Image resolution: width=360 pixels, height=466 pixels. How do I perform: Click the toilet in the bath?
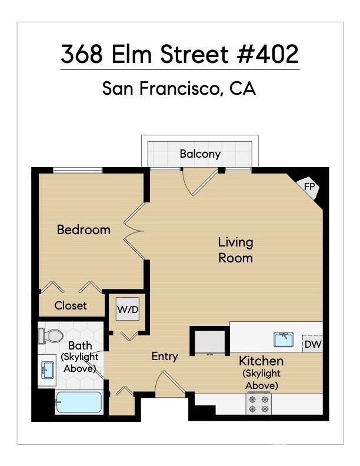pyautogui.click(x=51, y=335)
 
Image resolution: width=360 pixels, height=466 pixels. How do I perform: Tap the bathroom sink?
pyautogui.click(x=48, y=370)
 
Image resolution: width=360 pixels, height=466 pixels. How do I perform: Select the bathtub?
pyautogui.click(x=79, y=402)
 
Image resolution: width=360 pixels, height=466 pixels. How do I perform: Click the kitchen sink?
pyautogui.click(x=284, y=339)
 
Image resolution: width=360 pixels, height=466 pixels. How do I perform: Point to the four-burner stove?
pyautogui.click(x=258, y=404)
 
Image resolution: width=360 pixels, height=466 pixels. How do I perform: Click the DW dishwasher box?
pyautogui.click(x=312, y=344)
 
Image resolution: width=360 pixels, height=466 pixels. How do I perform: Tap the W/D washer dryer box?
pyautogui.click(x=128, y=309)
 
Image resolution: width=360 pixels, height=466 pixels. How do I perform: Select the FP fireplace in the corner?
pyautogui.click(x=309, y=187)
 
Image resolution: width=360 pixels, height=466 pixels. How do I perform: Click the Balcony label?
pyautogui.click(x=200, y=154)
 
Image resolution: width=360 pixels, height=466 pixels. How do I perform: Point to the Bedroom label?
pyautogui.click(x=84, y=229)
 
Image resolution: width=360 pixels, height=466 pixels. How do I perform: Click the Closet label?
pyautogui.click(x=71, y=305)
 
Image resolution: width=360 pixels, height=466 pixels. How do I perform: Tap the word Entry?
pyautogui.click(x=165, y=357)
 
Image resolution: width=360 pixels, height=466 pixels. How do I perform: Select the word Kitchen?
pyautogui.click(x=261, y=361)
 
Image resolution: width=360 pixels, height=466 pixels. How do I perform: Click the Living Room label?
pyautogui.click(x=236, y=250)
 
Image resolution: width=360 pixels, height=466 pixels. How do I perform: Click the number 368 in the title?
pyautogui.click(x=82, y=54)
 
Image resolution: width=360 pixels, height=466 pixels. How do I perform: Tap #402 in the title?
pyautogui.click(x=268, y=54)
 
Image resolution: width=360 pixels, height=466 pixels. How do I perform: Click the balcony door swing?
pyautogui.click(x=200, y=182)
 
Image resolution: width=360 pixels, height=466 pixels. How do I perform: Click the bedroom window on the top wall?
pyautogui.click(x=78, y=170)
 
